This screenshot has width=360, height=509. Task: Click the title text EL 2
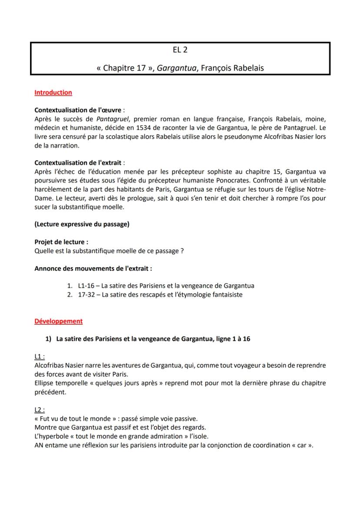click(x=180, y=50)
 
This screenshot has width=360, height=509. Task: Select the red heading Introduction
click(x=53, y=92)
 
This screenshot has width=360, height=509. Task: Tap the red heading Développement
click(x=58, y=321)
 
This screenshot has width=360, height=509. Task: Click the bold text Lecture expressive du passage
click(x=82, y=224)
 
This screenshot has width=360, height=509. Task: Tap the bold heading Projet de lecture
click(x=61, y=242)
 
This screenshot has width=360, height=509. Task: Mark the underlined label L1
click(x=39, y=356)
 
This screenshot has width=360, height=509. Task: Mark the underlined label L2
click(x=39, y=409)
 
